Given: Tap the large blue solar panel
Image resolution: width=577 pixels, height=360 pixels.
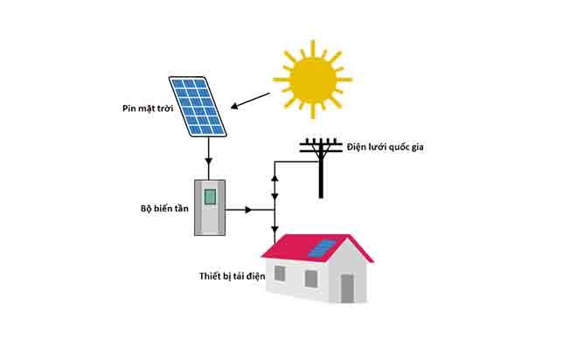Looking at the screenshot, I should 198,107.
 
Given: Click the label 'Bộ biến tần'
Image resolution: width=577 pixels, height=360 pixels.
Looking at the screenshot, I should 161,210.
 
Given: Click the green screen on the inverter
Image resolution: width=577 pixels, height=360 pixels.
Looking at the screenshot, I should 210,197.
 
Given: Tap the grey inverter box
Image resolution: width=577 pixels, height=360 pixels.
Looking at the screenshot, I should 210,207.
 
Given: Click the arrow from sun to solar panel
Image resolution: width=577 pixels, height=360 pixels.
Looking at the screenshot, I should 254,107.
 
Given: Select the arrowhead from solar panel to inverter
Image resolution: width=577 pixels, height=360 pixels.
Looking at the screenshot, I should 210,164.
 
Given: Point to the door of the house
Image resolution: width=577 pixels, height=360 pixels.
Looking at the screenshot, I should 347,287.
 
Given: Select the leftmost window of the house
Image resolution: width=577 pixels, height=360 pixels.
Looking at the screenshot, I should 280,273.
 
